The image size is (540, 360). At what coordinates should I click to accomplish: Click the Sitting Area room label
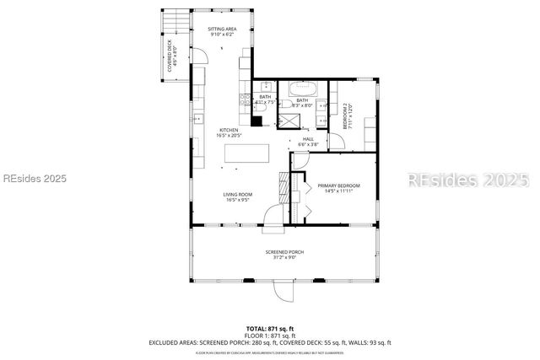coord(222,31)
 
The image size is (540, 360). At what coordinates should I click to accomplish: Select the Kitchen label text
coord(229,132)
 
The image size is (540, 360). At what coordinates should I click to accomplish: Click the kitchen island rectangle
coord(246,153)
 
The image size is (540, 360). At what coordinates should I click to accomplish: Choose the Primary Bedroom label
coord(337,188)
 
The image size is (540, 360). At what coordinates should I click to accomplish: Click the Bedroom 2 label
coord(347,116)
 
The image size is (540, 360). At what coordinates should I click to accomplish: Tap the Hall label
coord(308,142)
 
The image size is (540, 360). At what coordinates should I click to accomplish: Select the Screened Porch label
coord(284,254)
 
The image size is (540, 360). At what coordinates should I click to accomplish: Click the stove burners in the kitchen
coord(245,101)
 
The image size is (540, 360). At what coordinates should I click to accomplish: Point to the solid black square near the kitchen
coord(256,119)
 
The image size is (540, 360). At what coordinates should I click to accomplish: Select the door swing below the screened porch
coord(283,291)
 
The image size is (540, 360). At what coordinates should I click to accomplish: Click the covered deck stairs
coord(175,20)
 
